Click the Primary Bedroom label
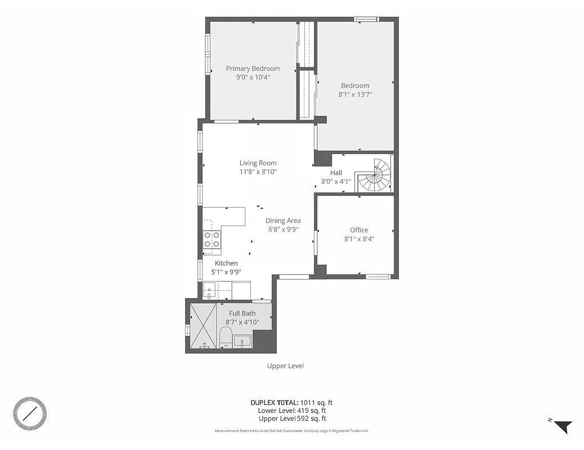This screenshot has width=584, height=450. point(253,69)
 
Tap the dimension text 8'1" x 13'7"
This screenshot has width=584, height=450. point(355,94)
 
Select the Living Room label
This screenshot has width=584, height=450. point(258,163)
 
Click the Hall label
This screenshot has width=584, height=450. point(336,173)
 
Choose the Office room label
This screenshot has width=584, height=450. point(358,229)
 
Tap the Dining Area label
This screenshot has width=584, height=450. point(283,220)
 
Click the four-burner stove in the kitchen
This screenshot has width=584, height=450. point(212,240)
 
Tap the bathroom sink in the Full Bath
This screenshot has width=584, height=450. point(242,341)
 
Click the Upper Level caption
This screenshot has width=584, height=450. point(285,366)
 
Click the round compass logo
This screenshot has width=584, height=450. point(30,414)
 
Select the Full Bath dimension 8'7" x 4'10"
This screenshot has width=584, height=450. point(242,322)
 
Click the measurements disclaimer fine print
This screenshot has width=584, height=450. point(291,431)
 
